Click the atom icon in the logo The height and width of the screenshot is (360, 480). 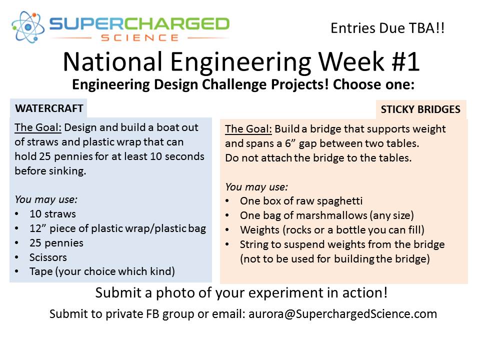pos(28,27)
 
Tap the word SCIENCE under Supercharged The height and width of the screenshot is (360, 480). pos(140,38)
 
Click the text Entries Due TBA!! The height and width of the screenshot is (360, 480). pos(387,28)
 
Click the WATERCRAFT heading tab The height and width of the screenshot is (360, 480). pos(49,108)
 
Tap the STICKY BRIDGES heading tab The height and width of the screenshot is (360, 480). pos(420,109)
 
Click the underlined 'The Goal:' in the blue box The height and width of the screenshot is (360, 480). pos(38,127)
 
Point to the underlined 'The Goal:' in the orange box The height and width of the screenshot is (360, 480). pos(248,129)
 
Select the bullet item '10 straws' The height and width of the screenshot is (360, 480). pos(52,213)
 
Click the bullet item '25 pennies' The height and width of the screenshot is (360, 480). pos(56,243)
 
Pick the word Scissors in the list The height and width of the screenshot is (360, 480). pos(48,257)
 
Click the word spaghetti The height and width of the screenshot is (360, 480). pos(339,201)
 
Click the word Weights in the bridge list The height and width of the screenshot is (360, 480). pos(259,229)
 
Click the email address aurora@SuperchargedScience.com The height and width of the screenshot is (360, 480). pos(343,314)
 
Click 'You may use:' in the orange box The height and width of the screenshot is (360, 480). pos(256,186)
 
